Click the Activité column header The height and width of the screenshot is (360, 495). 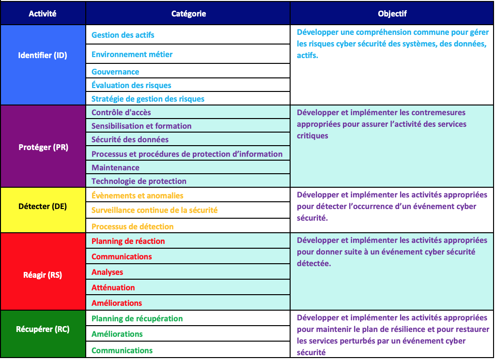click(43, 14)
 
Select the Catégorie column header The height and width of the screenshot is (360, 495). click(188, 14)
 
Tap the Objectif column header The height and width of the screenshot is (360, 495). click(392, 14)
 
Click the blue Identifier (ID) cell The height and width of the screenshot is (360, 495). click(43, 55)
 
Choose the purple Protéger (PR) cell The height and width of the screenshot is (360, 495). click(43, 147)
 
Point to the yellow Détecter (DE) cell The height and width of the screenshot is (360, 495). click(43, 206)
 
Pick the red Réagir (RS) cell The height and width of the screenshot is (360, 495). click(43, 275)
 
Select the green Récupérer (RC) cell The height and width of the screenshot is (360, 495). click(43, 329)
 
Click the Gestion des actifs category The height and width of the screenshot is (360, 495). click(123, 35)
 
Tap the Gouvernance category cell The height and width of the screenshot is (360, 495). click(115, 72)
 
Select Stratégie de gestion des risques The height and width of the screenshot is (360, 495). click(148, 99)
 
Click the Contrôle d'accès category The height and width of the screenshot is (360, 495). click(121, 112)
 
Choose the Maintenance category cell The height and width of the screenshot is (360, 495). click(115, 167)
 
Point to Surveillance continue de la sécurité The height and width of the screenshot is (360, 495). click(155, 210)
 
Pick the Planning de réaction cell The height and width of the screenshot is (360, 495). click(128, 241)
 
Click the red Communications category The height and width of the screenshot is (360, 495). click(122, 256)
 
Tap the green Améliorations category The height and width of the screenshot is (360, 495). click(117, 334)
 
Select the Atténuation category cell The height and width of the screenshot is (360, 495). click(113, 287)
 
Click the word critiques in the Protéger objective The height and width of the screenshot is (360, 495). click(312, 135)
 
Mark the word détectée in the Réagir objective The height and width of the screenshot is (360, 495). click(313, 264)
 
